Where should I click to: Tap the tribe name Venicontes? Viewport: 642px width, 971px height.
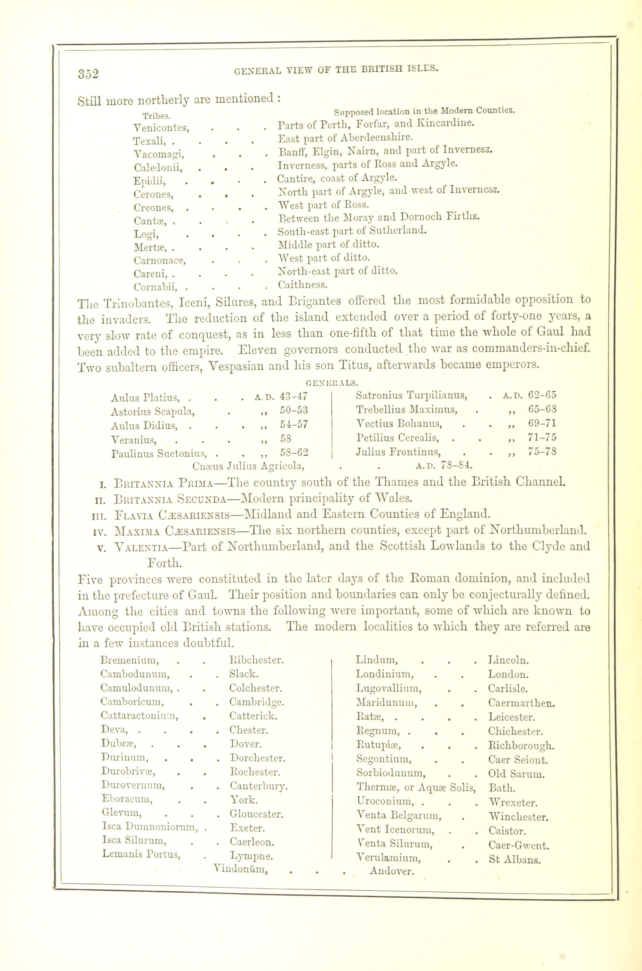[161, 128]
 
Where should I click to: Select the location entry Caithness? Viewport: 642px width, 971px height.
[302, 284]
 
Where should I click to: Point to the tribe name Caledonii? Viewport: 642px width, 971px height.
[158, 168]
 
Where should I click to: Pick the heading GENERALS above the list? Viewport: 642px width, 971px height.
[332, 383]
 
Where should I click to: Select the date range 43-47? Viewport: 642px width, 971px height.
[293, 396]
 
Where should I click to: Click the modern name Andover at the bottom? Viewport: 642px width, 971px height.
[392, 871]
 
